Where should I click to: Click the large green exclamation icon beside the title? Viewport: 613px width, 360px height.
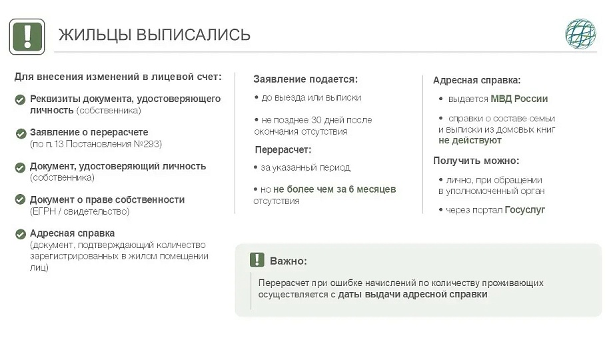point(27,37)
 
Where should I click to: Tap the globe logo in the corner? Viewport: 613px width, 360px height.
point(580,34)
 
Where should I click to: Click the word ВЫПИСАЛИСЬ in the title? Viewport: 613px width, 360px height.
point(193,35)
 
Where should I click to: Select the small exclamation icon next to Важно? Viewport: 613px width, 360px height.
point(257,260)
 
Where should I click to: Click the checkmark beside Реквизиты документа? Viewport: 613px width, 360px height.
point(21,100)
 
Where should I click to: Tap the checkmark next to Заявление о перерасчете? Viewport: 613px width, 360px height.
point(21,133)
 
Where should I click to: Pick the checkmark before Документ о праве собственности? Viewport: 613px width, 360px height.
point(20,199)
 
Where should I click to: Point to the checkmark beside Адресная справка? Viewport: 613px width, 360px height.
point(21,234)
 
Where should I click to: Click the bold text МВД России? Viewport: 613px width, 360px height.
point(519,99)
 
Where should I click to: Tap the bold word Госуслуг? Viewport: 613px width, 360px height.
point(524,210)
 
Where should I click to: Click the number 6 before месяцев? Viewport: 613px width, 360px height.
point(351,189)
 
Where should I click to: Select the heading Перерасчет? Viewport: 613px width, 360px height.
point(283,150)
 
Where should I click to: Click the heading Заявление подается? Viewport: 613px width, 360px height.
point(305,79)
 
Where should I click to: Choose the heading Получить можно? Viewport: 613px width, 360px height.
point(476,161)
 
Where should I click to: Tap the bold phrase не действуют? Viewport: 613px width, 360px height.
point(470,141)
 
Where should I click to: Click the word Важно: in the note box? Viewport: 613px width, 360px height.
point(289,261)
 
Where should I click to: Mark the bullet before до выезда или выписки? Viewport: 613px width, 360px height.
point(257,97)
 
